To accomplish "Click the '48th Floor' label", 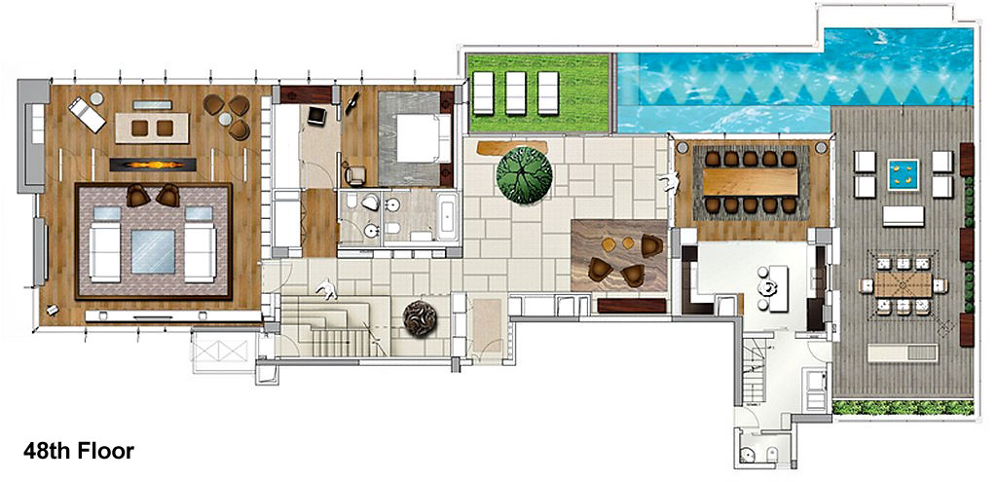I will point(78,452).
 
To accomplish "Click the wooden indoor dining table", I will point(753,181).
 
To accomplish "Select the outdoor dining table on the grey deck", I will point(902,284).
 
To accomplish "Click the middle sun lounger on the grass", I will point(516,93).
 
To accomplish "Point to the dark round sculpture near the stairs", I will point(423,319).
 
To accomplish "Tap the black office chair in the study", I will point(316,116).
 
